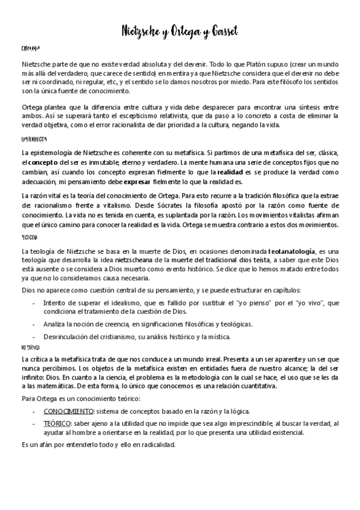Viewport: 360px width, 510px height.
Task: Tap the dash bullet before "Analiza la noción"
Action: click(33, 324)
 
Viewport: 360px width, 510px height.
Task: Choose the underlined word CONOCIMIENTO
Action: click(68, 411)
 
